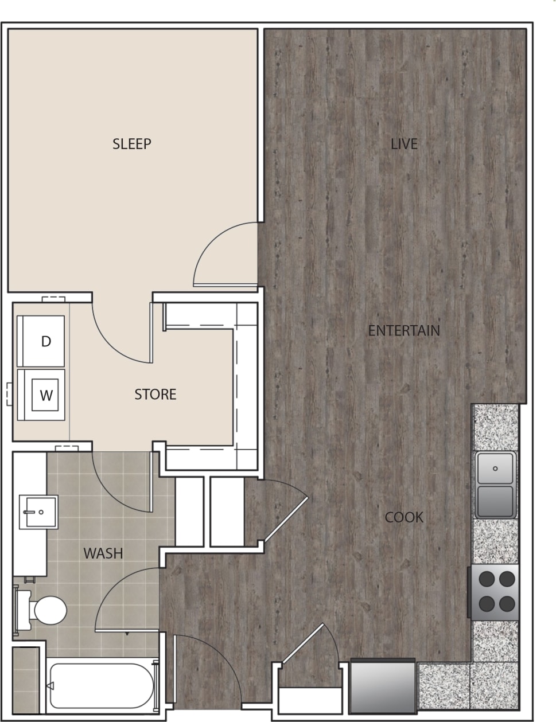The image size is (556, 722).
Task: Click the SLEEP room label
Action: click(x=131, y=144)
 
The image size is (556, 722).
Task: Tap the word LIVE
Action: click(x=404, y=144)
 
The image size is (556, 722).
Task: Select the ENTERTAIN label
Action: click(x=404, y=331)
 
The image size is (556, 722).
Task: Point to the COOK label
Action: click(x=404, y=517)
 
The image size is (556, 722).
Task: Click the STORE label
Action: click(x=155, y=395)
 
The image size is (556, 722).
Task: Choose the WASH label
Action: click(x=103, y=553)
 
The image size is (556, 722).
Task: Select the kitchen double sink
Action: click(x=495, y=485)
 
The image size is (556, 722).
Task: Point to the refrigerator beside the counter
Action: click(x=382, y=685)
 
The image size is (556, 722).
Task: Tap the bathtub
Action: click(x=102, y=686)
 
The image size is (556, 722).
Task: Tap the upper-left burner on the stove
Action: click(x=487, y=579)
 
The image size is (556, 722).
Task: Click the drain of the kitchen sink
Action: click(x=495, y=469)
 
